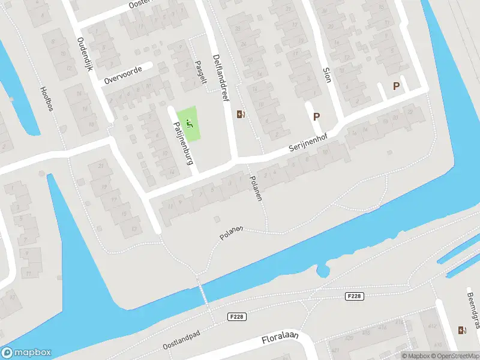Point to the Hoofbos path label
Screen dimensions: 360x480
point(46,98)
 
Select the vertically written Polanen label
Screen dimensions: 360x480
point(256,188)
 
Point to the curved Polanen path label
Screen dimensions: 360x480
point(231,233)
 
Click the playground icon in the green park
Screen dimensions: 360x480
point(190,124)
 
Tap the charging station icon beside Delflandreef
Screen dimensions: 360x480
point(241,114)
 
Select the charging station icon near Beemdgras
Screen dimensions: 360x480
point(462,330)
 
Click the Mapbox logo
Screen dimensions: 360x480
point(26,353)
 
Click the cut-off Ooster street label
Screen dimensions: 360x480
point(145,4)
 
